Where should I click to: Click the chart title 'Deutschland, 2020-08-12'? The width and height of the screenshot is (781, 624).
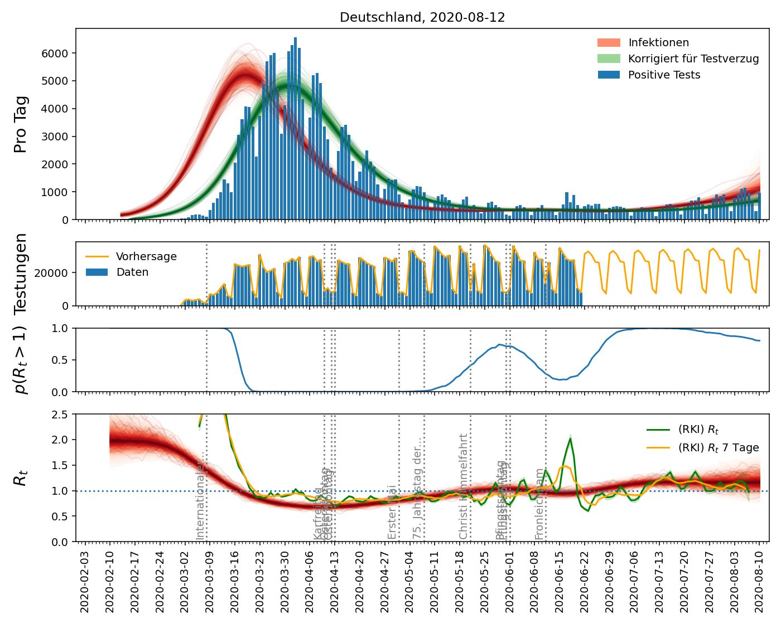pyautogui.click(x=422, y=17)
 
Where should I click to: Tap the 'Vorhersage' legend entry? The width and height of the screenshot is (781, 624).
pyautogui.click(x=146, y=257)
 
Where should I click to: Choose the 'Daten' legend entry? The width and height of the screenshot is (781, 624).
pyautogui.click(x=132, y=272)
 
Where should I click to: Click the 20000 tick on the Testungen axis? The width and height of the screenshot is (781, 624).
pyautogui.click(x=51, y=273)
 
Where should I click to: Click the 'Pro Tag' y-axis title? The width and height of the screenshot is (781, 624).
pyautogui.click(x=21, y=124)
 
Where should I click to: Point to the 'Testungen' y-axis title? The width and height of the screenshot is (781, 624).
pyautogui.click(x=21, y=273)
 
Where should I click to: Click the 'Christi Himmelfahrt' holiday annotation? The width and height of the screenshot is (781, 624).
pyautogui.click(x=463, y=486)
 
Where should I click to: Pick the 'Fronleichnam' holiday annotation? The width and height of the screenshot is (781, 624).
pyautogui.click(x=539, y=504)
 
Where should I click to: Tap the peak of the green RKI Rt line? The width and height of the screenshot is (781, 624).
pyautogui.click(x=570, y=439)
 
